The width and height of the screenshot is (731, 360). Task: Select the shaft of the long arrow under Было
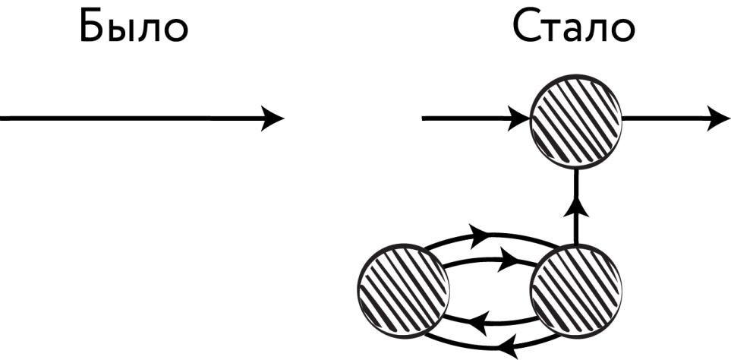pyautogui.click(x=129, y=118)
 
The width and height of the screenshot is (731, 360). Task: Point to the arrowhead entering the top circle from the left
pyautogui.click(x=520, y=118)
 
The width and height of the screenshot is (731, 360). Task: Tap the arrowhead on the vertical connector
pyautogui.click(x=576, y=206)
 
